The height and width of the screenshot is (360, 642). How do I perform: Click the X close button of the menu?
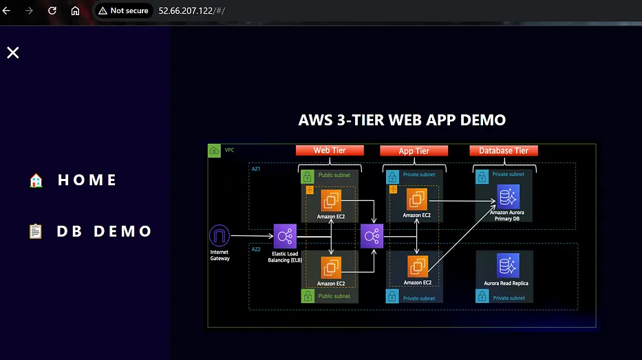(13, 53)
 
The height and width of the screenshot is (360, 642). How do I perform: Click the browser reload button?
(52, 11)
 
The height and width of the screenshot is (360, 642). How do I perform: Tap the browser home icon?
(76, 11)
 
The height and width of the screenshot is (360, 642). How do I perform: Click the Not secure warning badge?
(122, 11)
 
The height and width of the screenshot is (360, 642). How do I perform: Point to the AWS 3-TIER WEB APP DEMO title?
(402, 120)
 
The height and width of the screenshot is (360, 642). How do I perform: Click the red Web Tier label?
(330, 151)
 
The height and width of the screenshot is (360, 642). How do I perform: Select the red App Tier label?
(414, 151)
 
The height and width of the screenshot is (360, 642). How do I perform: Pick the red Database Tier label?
(503, 151)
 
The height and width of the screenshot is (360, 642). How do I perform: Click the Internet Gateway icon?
(220, 236)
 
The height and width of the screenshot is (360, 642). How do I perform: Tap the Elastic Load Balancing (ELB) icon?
(284, 236)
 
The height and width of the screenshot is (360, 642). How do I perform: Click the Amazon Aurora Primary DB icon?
(508, 197)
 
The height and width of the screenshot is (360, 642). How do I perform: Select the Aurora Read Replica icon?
(508, 266)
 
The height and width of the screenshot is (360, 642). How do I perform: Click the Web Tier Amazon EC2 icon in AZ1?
(332, 200)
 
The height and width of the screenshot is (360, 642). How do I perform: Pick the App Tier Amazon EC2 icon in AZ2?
(418, 266)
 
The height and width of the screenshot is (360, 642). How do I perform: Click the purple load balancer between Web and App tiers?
(372, 237)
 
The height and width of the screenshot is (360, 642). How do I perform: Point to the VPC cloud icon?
(215, 150)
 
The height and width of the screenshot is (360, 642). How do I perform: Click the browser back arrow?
(8, 11)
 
